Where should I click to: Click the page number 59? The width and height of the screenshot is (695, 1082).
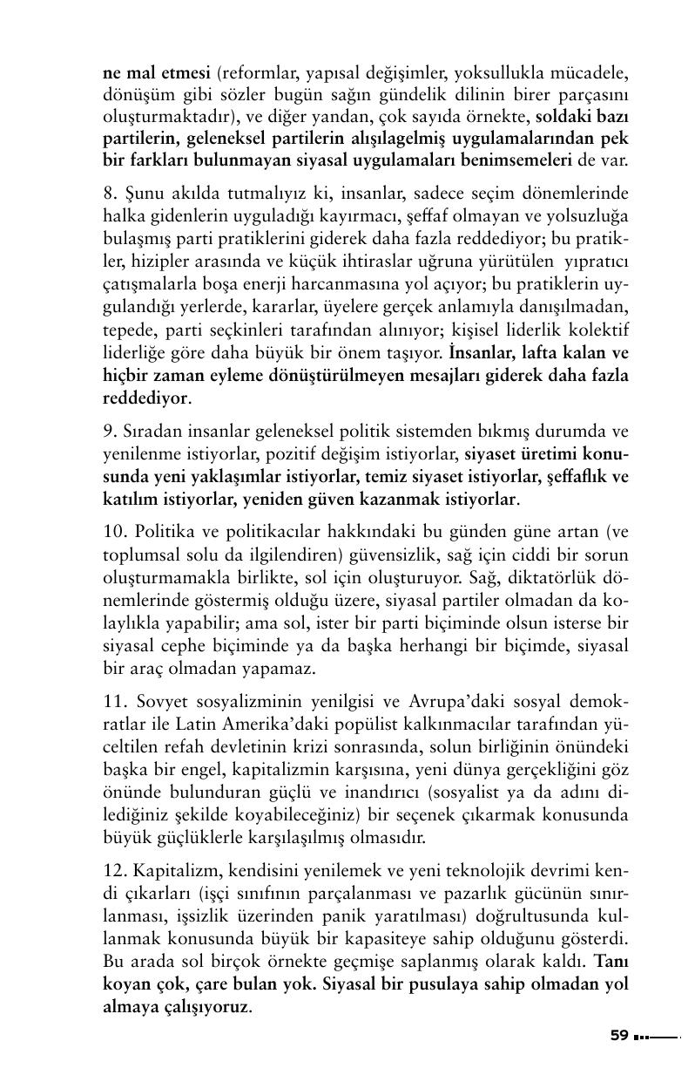pos(619,1036)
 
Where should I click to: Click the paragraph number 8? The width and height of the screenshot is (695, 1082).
pos(108,193)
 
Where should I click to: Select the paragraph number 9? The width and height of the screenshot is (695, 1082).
pos(108,432)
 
